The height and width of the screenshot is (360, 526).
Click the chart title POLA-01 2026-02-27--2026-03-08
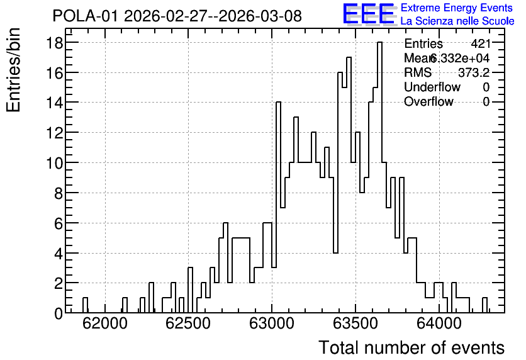click(177, 16)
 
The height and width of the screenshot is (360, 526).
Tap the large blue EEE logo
click(369, 14)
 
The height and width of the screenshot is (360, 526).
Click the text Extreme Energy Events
click(457, 8)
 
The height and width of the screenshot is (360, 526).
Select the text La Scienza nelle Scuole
click(457, 21)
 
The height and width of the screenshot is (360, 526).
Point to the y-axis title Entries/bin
click(13, 70)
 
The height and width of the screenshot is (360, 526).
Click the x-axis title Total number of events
click(411, 347)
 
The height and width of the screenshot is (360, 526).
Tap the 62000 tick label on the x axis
click(105, 323)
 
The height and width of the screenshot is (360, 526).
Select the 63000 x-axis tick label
click(272, 323)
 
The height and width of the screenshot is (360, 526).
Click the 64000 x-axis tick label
click(439, 323)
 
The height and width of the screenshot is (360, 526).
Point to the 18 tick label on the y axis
click(54, 43)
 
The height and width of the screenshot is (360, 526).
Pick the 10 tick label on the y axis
click(54, 163)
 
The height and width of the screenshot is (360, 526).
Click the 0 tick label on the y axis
click(59, 313)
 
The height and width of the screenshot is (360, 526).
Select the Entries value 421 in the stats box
click(480, 43)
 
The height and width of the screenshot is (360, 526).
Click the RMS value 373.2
click(474, 72)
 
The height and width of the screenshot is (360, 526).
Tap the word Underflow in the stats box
click(432, 87)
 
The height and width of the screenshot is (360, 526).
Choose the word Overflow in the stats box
click(428, 101)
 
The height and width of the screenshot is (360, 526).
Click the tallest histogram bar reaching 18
click(380, 177)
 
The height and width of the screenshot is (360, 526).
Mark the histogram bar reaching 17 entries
click(349, 185)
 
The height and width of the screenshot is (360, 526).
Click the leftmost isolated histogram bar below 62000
click(85, 305)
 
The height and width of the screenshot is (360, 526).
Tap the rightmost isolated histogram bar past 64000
click(484, 305)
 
